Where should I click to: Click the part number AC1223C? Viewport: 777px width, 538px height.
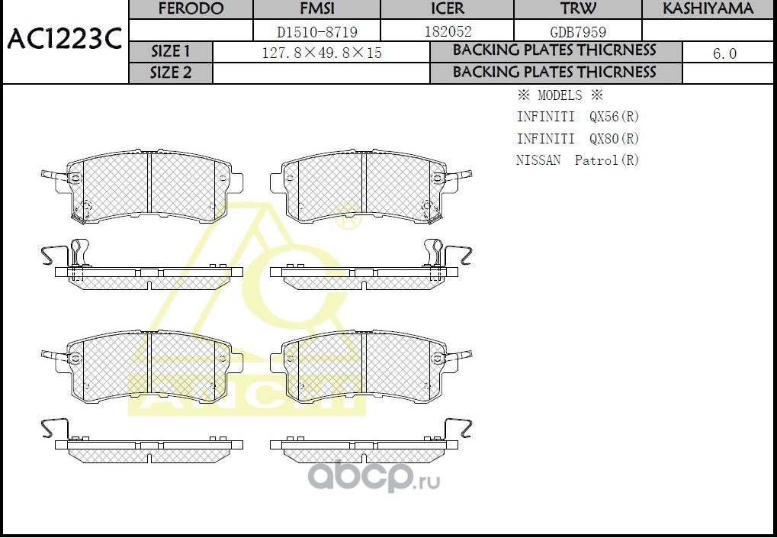click(64, 40)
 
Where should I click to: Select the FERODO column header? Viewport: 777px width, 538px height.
click(191, 9)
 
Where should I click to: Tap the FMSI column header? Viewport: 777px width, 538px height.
click(316, 9)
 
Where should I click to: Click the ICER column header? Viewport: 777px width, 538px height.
click(447, 9)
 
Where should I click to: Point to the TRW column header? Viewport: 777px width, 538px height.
click(578, 9)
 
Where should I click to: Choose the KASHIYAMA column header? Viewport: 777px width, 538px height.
click(708, 9)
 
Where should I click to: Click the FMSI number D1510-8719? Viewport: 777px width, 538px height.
click(316, 32)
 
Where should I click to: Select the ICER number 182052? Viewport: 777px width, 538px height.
click(447, 32)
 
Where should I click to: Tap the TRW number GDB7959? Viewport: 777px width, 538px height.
click(578, 32)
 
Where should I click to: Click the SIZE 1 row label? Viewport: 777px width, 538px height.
click(171, 52)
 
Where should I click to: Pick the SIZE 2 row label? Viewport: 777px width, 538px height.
click(171, 73)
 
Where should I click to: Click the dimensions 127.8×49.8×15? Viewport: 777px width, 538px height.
click(321, 53)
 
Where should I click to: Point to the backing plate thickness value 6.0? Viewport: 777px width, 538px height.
click(724, 53)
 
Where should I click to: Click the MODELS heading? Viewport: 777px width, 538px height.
click(560, 96)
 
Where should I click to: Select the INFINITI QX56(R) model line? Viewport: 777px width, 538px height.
click(577, 118)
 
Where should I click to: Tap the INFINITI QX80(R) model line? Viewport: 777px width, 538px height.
click(577, 139)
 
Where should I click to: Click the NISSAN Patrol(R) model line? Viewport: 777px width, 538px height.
click(577, 160)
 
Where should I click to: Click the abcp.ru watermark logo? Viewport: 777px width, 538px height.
click(373, 477)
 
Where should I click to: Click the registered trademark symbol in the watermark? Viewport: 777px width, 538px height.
click(344, 222)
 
